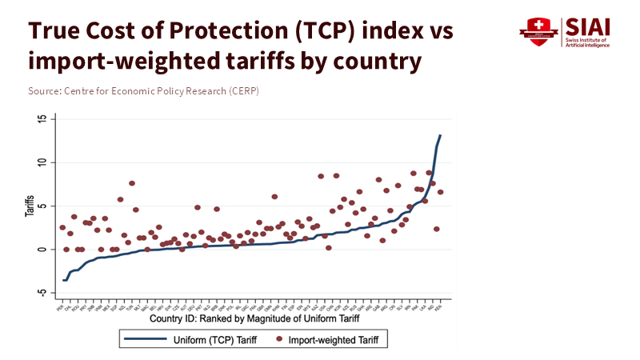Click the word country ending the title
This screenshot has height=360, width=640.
pyautogui.click(x=374, y=61)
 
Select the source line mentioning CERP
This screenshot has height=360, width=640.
pyautogui.click(x=143, y=91)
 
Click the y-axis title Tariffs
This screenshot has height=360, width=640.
pyautogui.click(x=29, y=206)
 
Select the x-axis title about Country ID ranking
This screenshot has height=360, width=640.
pyautogui.click(x=249, y=320)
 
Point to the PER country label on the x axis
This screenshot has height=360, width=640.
pyautogui.click(x=59, y=307)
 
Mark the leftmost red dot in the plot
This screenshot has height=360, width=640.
pyautogui.click(x=62, y=227)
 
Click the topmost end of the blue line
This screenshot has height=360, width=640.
pyautogui.click(x=441, y=136)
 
